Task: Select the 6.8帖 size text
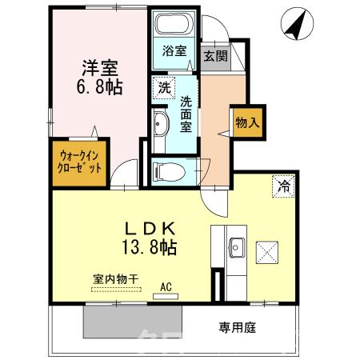100,86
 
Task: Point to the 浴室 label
174,50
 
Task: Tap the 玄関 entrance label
214,56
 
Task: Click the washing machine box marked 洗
163,86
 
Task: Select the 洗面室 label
186,113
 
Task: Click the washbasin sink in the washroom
160,123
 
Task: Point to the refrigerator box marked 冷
283,184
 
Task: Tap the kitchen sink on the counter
235,248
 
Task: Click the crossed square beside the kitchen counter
267,254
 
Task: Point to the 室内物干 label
115,278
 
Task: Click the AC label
166,286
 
